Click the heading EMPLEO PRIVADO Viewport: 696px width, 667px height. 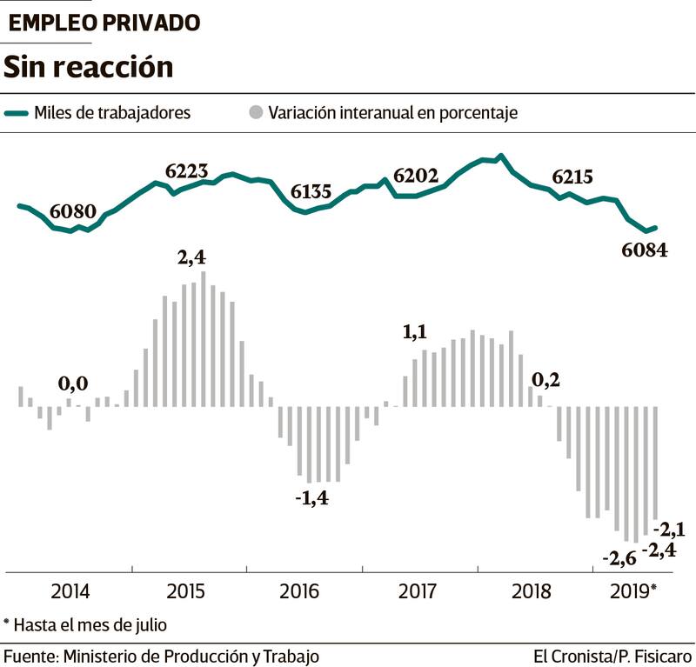(x=104, y=23)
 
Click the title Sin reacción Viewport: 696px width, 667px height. (x=89, y=67)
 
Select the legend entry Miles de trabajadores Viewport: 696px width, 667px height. (x=112, y=113)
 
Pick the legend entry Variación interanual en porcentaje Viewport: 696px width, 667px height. (x=393, y=113)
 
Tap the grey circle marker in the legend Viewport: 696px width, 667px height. (x=255, y=113)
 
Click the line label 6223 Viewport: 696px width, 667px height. (x=187, y=170)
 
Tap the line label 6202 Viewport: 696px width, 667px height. (x=418, y=175)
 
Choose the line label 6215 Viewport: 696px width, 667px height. (x=572, y=177)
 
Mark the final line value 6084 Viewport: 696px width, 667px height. (x=645, y=251)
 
